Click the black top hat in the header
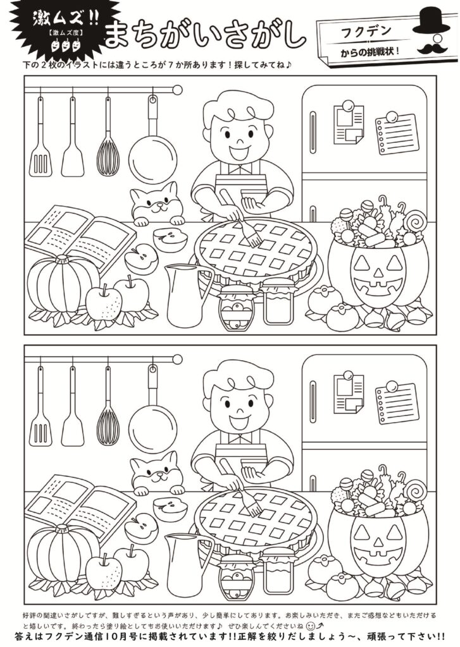pyautogui.click(x=431, y=21)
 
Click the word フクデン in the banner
pyautogui.click(x=366, y=32)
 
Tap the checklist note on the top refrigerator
pyautogui.click(x=396, y=133)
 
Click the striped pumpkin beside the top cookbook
pyautogui.click(x=62, y=284)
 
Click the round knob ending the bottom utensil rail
pyautogui.click(x=177, y=359)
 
